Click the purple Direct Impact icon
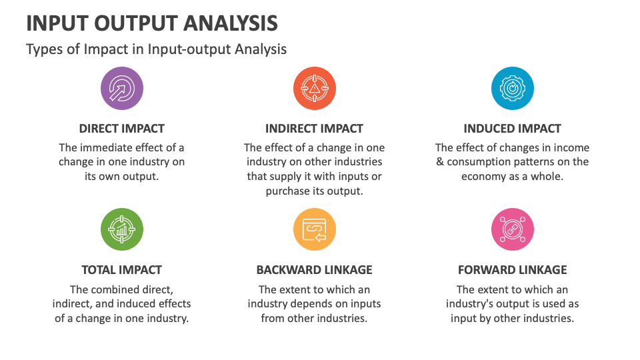(122, 88)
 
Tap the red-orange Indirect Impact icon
(314, 88)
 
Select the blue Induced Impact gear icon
(512, 88)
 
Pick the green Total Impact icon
(122, 229)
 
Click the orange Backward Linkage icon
(314, 229)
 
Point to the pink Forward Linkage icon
(512, 229)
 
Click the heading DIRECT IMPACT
(121, 129)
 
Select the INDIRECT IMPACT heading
(314, 129)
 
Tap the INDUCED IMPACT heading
(512, 129)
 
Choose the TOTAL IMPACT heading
(121, 270)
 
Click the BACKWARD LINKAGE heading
(314, 270)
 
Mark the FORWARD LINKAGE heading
(512, 270)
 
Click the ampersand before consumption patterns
(439, 161)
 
